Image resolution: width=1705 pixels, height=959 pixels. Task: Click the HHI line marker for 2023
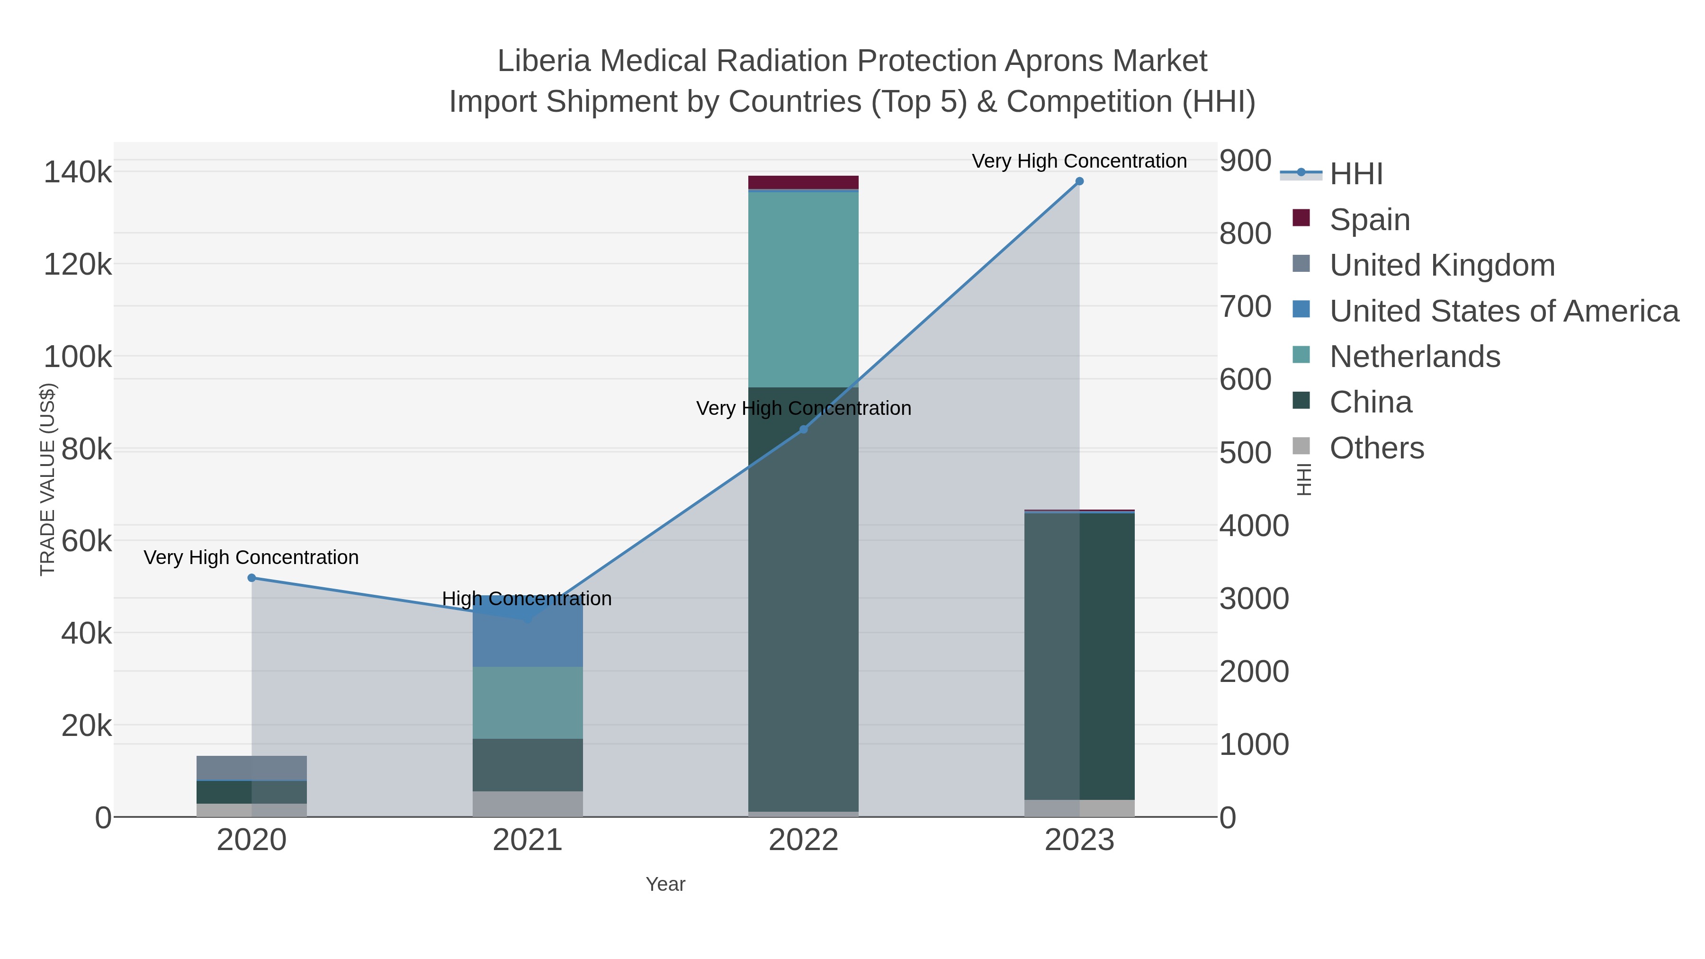pos(1079,181)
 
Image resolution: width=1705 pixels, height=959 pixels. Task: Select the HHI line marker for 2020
pos(251,578)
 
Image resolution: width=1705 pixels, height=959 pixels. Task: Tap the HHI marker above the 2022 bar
pos(804,430)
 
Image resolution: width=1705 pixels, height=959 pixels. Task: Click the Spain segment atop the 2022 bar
pos(804,182)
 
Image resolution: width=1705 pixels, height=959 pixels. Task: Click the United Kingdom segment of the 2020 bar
pos(251,768)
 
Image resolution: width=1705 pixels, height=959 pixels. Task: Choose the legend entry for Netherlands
pos(1414,357)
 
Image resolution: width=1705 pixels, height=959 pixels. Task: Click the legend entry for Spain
pos(1369,220)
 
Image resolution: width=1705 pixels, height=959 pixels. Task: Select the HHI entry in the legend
pos(1355,174)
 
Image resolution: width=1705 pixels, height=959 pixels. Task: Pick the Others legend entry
pos(1376,448)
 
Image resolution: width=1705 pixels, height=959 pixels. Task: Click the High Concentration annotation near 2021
pos(527,598)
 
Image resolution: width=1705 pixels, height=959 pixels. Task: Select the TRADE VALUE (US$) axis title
pos(48,479)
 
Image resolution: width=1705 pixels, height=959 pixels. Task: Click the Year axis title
pos(665,884)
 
